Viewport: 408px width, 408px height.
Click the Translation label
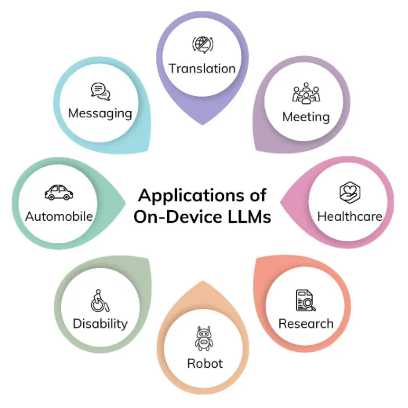coord(202,69)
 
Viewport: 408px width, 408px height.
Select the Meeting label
coord(306,117)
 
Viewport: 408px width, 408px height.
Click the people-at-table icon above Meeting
coord(306,94)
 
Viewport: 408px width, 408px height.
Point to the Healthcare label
coord(350,216)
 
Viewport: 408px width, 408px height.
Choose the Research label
coord(306,324)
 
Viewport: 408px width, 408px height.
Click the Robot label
coord(205,363)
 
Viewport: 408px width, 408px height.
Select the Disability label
coord(100,324)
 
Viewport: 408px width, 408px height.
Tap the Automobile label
coord(59,216)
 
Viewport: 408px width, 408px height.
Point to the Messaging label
coord(100,113)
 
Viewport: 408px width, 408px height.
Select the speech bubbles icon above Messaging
coord(100,91)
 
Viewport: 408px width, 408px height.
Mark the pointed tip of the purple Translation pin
coord(202,123)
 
